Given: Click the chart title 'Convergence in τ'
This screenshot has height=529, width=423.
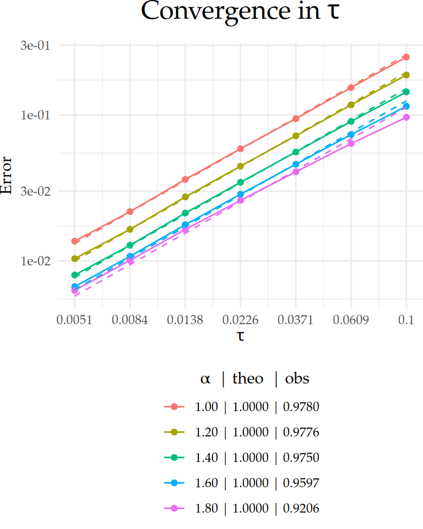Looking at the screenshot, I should (x=240, y=12).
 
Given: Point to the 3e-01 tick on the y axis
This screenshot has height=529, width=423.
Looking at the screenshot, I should (x=35, y=45).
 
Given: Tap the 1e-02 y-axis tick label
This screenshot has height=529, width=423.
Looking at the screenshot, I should (x=35, y=261).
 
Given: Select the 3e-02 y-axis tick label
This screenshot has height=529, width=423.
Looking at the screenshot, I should (x=35, y=191).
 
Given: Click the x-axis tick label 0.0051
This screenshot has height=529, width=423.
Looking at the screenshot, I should (x=74, y=320).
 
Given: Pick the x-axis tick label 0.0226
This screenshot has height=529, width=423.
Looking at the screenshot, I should (x=240, y=320).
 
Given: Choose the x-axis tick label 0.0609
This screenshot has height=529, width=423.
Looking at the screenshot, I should (x=351, y=320).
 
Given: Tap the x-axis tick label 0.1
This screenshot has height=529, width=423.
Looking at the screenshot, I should (x=406, y=320).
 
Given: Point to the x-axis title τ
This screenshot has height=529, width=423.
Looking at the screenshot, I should (x=241, y=336).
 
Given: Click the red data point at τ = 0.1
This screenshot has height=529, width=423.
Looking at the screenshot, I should (x=406, y=57).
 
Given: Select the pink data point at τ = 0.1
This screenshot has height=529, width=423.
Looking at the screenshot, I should (x=406, y=117).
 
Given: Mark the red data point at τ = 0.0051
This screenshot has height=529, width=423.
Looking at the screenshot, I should (x=74, y=241).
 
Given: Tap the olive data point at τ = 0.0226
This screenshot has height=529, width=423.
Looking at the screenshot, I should (x=240, y=166).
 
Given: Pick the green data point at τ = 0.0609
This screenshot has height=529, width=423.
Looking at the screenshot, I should (x=351, y=121).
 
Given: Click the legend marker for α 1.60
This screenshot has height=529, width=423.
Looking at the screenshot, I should (x=175, y=483).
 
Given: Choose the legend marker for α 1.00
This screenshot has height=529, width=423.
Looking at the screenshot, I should (x=175, y=407).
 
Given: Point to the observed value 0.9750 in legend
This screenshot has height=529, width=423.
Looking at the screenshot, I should (x=301, y=457).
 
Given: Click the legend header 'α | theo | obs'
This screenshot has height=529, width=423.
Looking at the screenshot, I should (x=254, y=379).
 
